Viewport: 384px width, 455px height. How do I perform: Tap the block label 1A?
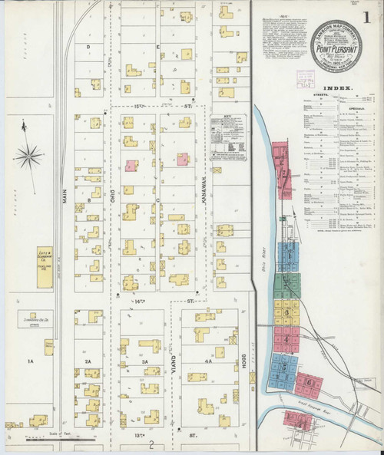point(31,360)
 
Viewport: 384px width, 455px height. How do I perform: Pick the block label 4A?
point(207,360)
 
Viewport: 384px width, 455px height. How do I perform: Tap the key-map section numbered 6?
point(308,381)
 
